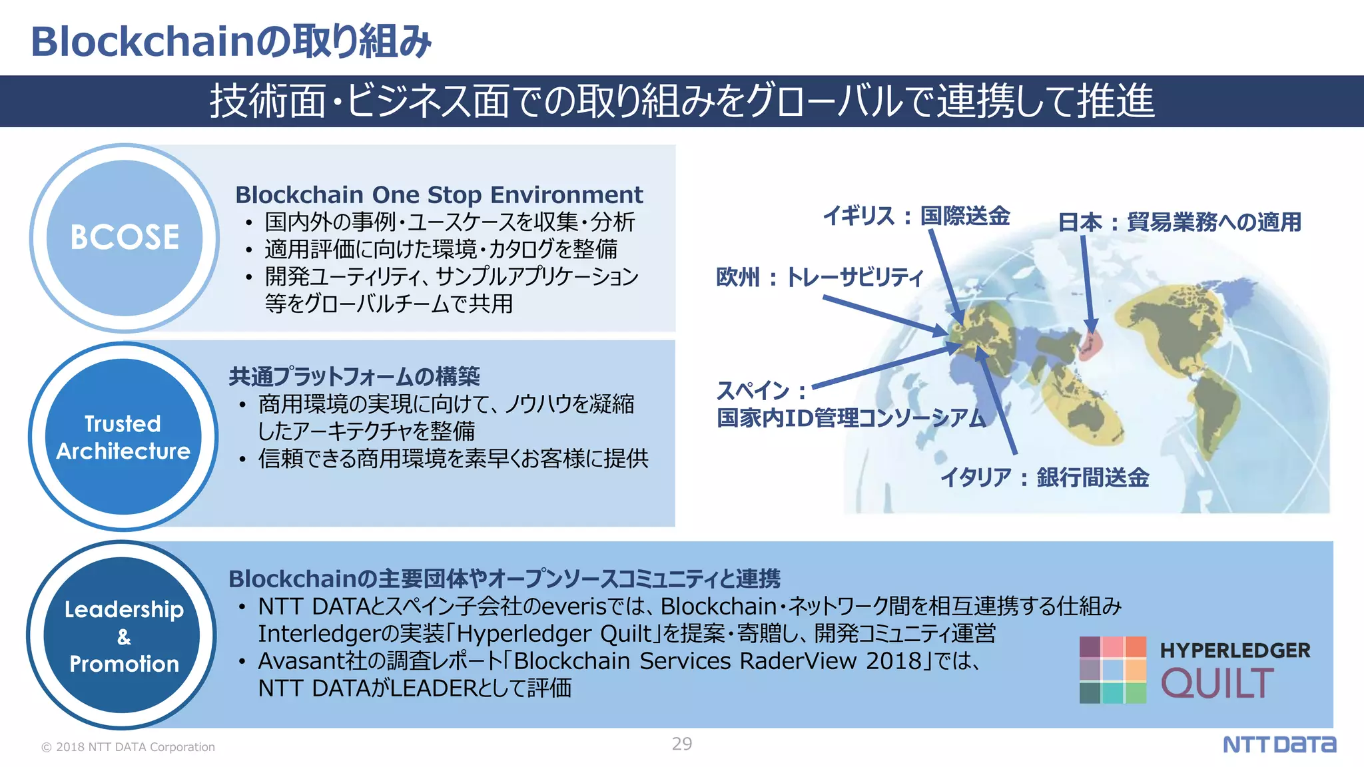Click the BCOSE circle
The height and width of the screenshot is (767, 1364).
pos(125,238)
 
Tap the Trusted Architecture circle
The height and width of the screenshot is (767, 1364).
pos(123,437)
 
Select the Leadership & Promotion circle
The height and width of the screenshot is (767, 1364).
pos(123,635)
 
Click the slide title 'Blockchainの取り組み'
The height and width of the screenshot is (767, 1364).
pos(231,41)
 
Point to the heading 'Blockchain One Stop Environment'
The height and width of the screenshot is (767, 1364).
pos(439,194)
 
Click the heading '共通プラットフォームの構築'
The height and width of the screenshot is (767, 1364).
pos(354,377)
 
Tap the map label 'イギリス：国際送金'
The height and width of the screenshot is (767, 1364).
pos(916,216)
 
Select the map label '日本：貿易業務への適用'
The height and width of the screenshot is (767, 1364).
pos(1180,222)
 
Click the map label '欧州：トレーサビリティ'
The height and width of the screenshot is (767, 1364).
pos(819,276)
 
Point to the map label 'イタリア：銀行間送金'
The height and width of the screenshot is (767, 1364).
pos(1044,477)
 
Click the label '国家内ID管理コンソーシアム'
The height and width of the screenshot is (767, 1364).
pos(851,418)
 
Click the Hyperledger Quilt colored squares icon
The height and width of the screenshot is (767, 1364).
pos(1112,670)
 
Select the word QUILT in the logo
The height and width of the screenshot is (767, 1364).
pos(1217,684)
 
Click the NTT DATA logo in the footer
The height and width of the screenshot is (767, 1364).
pos(1279,744)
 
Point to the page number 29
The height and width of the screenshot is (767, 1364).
pos(682,744)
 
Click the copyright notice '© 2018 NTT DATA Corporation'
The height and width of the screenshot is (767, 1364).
pos(129,747)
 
